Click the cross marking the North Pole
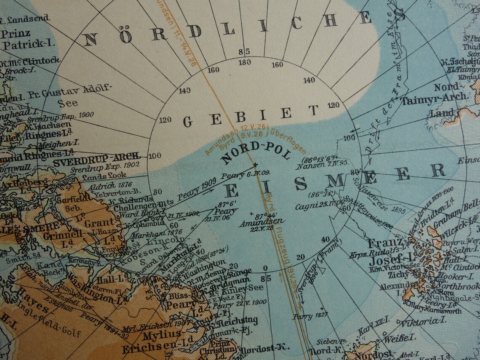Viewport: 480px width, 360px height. point(255,164)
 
